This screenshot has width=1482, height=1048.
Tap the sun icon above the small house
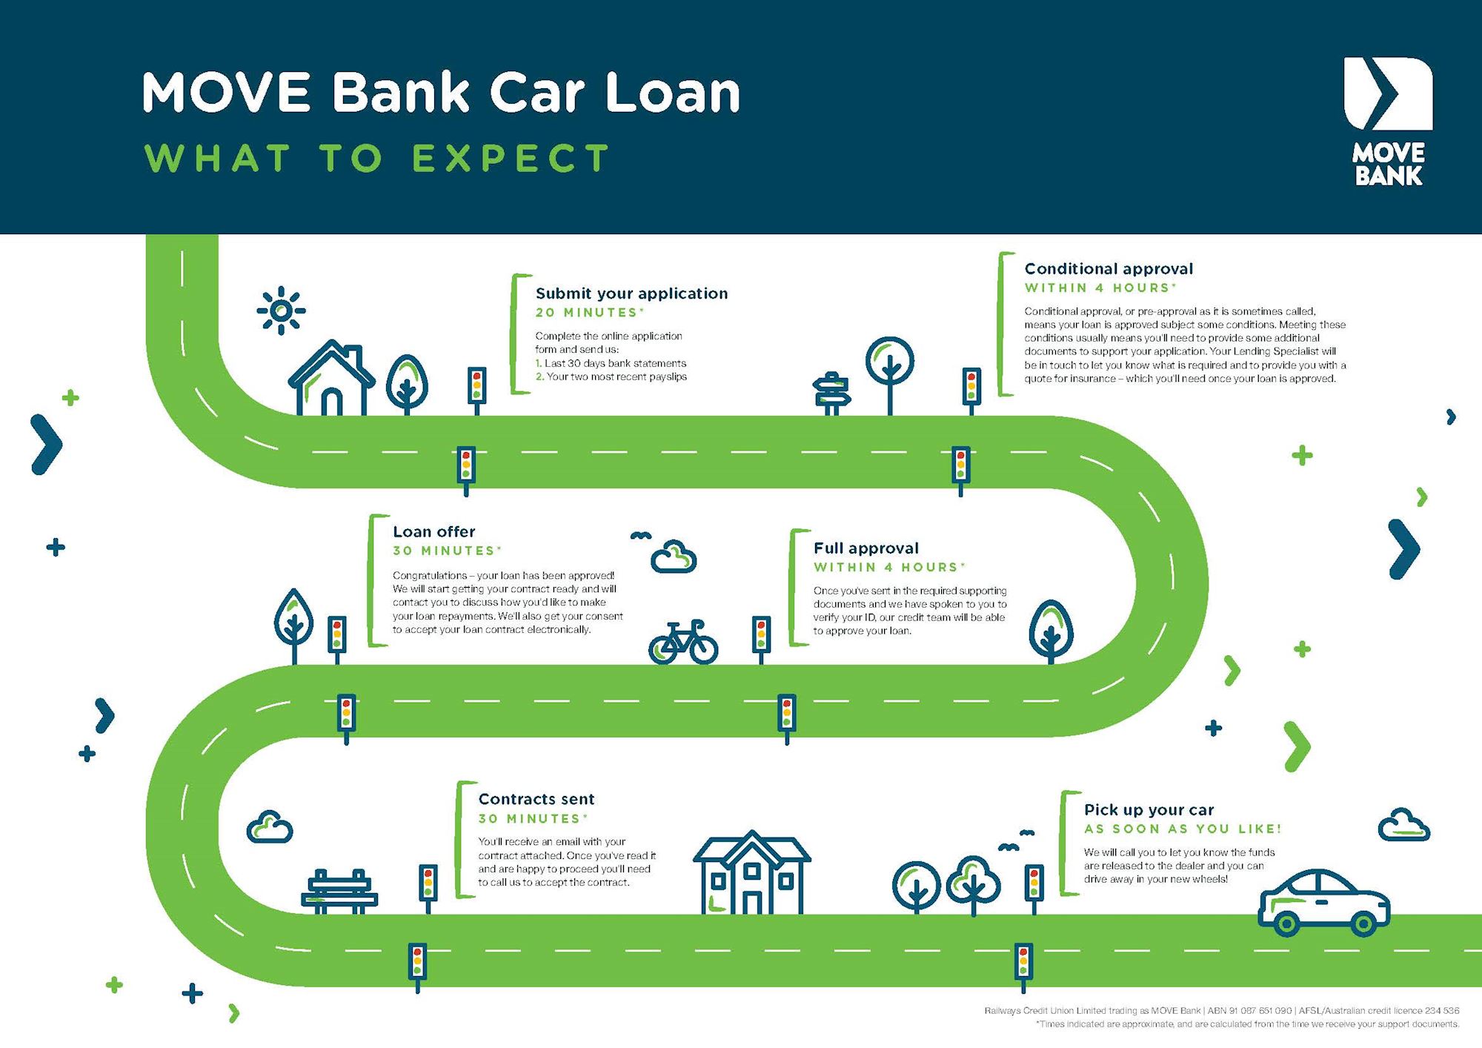pos(281,310)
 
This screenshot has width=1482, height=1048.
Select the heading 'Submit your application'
pos(631,293)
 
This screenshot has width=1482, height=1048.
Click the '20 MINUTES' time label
pos(590,313)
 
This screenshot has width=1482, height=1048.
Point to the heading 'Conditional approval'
pos(1109,268)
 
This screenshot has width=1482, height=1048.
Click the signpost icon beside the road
pos(831,393)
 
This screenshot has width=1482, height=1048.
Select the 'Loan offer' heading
pos(433,531)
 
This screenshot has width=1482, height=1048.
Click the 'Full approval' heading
pos(865,548)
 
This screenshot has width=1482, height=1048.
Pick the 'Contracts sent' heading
pos(536,799)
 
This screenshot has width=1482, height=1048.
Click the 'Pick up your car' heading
pos(1149,809)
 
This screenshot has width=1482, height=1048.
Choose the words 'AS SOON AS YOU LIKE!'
pos(1182,829)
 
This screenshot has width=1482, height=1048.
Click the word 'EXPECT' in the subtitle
pos(511,159)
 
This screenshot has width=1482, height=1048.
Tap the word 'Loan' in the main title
pos(673,93)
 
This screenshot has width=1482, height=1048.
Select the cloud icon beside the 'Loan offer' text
pos(673,557)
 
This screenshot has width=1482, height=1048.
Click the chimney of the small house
pos(354,355)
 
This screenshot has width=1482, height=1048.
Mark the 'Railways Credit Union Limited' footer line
pos(1221,1010)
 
